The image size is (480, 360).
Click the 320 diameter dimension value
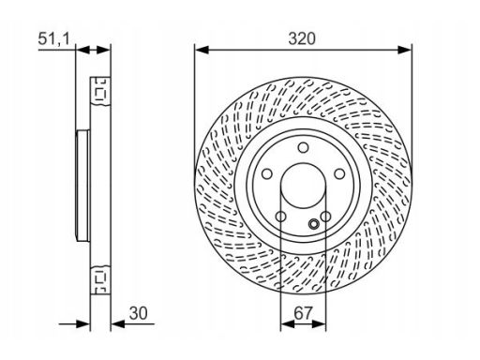point(302,38)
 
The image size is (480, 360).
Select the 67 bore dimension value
point(303,313)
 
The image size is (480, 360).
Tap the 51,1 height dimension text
point(53,39)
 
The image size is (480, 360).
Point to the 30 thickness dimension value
point(138,313)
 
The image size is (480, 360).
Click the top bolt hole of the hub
point(303,147)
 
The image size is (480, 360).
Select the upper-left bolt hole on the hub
point(267,173)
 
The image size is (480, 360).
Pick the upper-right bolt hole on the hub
point(339,173)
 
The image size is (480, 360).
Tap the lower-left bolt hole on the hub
point(280,217)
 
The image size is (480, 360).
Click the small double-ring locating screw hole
point(313,224)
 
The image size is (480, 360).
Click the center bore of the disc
point(303,186)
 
